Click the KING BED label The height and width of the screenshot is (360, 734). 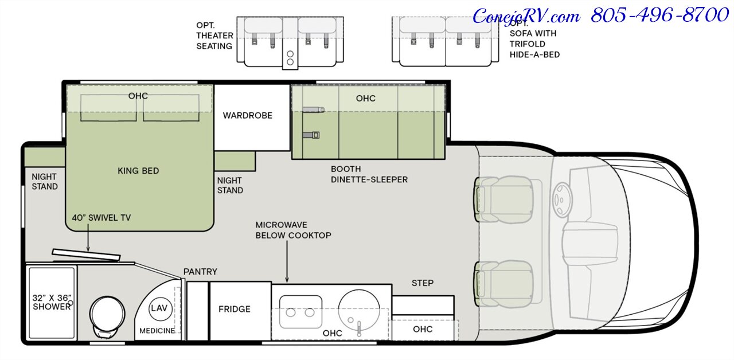138,171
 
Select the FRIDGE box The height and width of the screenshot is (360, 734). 234,310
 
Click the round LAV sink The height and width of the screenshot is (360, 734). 159,308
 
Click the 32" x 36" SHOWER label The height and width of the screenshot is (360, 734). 52,302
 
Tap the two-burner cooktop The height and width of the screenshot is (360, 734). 300,312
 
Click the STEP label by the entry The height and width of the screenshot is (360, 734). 423,283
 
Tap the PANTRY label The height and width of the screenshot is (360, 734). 200,272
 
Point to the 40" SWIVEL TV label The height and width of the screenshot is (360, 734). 101,218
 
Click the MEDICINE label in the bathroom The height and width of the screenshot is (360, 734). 157,331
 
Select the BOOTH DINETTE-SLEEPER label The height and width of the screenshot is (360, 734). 369,174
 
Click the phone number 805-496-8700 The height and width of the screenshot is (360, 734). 659,15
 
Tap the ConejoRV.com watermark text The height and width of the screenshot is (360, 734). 526,16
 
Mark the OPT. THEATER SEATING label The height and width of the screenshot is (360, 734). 214,36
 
